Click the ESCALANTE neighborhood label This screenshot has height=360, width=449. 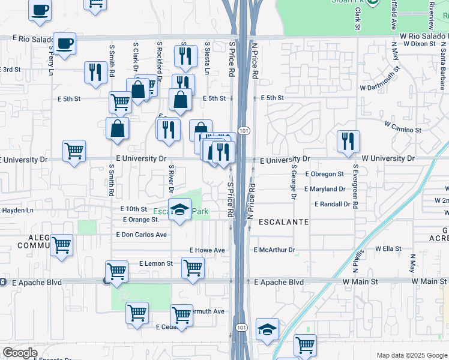283,222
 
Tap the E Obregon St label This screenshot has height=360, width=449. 324,174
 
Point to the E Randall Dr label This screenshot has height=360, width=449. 327,204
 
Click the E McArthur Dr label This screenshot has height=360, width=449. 275,250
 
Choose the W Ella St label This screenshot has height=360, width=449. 388,248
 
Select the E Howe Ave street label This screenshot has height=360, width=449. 207,250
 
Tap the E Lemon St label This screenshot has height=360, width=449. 156,263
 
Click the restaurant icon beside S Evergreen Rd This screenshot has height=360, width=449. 348,142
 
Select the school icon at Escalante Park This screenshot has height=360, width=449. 179,209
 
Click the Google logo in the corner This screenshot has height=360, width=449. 20,353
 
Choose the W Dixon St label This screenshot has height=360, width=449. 419,44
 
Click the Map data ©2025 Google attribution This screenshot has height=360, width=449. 412,355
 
